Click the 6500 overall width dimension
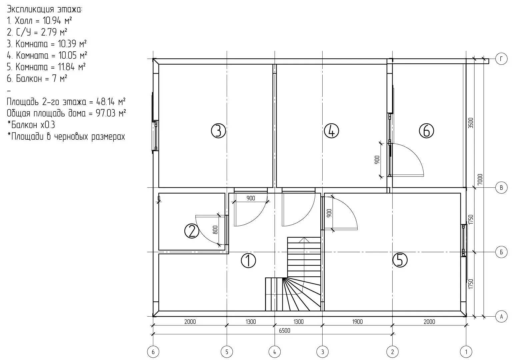284,331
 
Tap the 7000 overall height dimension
480,180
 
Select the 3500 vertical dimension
470,123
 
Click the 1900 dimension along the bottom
357,322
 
